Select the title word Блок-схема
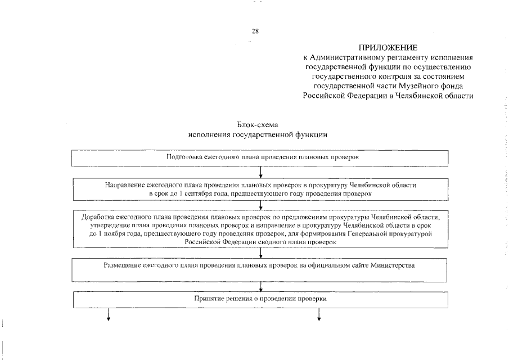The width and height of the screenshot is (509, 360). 258,125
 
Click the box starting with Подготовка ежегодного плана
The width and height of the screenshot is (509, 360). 259,158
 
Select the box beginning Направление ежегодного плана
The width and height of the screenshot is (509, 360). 259,189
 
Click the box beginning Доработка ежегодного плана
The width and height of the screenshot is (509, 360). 259,229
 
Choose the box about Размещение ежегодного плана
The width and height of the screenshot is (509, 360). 259,269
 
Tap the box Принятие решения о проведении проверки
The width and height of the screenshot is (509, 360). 259,300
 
